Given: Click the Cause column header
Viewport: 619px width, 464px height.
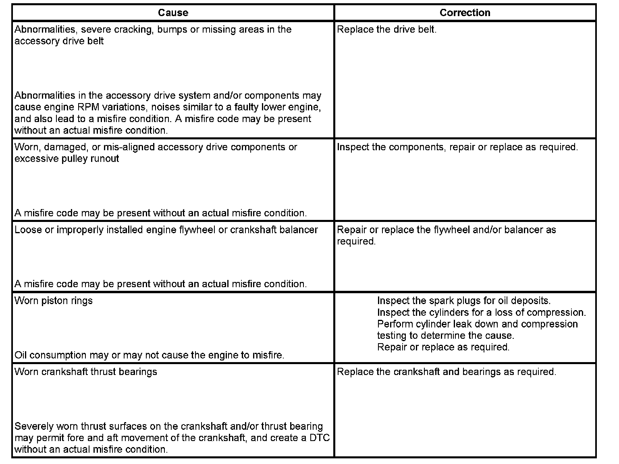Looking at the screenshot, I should [x=173, y=13].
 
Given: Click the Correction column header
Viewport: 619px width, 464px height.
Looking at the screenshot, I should [x=465, y=13].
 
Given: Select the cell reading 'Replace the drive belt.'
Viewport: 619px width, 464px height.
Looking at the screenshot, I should [x=386, y=30].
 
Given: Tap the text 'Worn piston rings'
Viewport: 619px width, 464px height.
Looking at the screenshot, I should [x=54, y=301].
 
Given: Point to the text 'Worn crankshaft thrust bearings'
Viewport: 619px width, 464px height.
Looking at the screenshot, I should [x=86, y=372].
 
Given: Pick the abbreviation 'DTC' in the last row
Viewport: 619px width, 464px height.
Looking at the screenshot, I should [x=320, y=438].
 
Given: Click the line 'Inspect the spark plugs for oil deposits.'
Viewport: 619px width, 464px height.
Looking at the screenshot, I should [x=463, y=301].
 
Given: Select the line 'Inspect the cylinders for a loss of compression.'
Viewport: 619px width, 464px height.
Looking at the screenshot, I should [x=481, y=313].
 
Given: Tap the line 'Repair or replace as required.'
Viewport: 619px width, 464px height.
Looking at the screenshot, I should [x=443, y=347].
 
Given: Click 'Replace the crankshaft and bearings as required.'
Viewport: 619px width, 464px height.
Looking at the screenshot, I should [x=446, y=372].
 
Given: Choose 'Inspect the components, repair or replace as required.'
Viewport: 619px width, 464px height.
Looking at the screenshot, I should [x=457, y=147].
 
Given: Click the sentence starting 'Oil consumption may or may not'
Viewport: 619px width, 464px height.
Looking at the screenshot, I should [x=150, y=355].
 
